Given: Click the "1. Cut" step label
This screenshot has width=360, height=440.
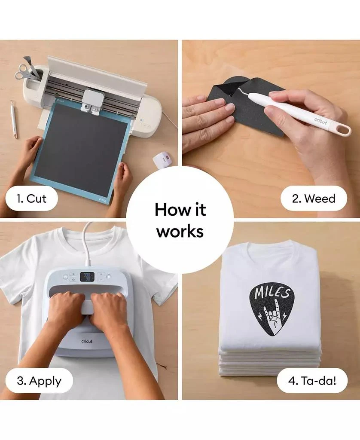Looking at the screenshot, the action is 31,199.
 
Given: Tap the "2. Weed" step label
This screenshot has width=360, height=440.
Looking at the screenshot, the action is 314,199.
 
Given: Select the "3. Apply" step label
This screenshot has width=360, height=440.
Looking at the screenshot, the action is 39,381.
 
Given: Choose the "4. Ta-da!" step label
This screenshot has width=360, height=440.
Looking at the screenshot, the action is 312,381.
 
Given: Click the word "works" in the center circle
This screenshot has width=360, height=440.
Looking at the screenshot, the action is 180,232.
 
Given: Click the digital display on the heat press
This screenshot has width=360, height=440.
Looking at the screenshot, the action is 87,277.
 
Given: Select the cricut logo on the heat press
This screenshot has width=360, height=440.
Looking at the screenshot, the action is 87,341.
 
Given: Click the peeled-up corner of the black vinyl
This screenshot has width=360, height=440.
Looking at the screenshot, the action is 231,87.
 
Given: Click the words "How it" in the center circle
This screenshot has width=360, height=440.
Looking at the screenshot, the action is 180,209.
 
